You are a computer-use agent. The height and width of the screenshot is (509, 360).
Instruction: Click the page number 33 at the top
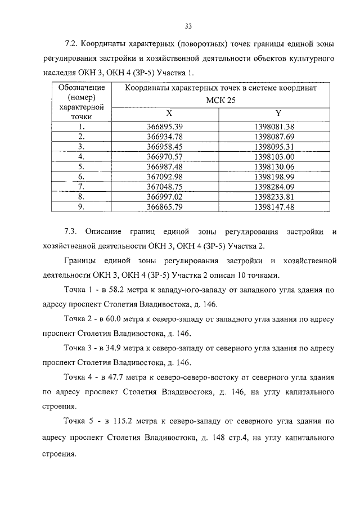[x=188, y=25]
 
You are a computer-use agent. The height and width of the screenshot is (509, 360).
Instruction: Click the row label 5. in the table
[x=82, y=166]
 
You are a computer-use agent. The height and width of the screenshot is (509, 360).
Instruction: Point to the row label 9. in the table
[x=82, y=206]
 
